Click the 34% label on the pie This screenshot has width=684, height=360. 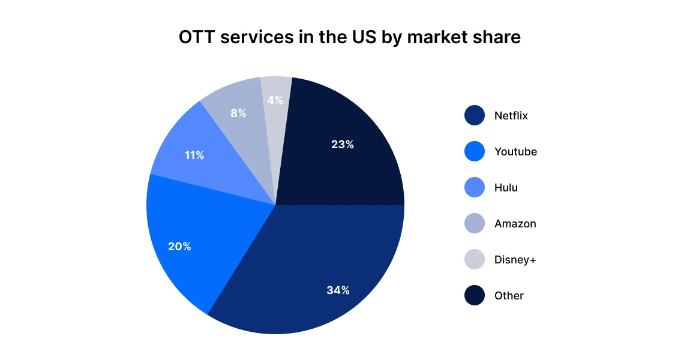tap(338, 290)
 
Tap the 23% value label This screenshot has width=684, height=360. tap(342, 145)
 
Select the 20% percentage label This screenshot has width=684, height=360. tap(179, 247)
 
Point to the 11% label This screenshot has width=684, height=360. tap(194, 155)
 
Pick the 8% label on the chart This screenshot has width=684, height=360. tap(238, 113)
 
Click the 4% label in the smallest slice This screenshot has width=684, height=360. tap(275, 100)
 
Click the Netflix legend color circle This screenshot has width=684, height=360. tap(474, 116)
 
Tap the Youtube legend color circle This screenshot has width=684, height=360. tap(474, 152)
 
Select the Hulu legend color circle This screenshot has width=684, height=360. tap(474, 188)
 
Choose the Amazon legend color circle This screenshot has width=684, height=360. tap(474, 224)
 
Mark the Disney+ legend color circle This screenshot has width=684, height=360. tap(474, 260)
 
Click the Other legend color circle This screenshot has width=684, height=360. tap(474, 296)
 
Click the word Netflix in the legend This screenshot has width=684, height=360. tap(511, 116)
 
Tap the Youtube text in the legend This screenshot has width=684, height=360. tap(515, 152)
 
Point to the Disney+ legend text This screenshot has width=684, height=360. tap(515, 260)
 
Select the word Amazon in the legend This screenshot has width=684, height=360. tap(515, 224)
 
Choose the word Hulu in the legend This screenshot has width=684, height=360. tap(506, 188)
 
